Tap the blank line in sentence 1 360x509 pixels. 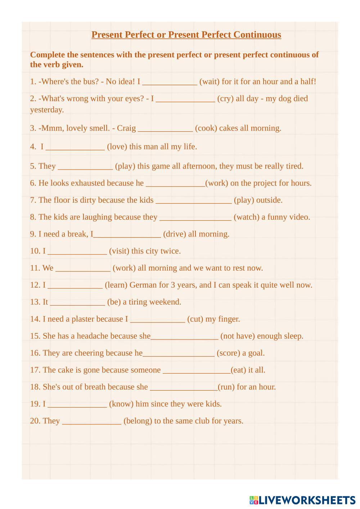(x=170, y=82)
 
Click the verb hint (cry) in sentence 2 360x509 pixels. (x=226, y=99)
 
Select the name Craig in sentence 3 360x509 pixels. (x=126, y=128)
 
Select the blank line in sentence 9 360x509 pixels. (x=127, y=235)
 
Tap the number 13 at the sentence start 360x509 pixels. (x=35, y=302)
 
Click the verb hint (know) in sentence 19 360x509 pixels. (x=121, y=404)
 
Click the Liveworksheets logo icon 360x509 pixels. (x=254, y=500)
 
